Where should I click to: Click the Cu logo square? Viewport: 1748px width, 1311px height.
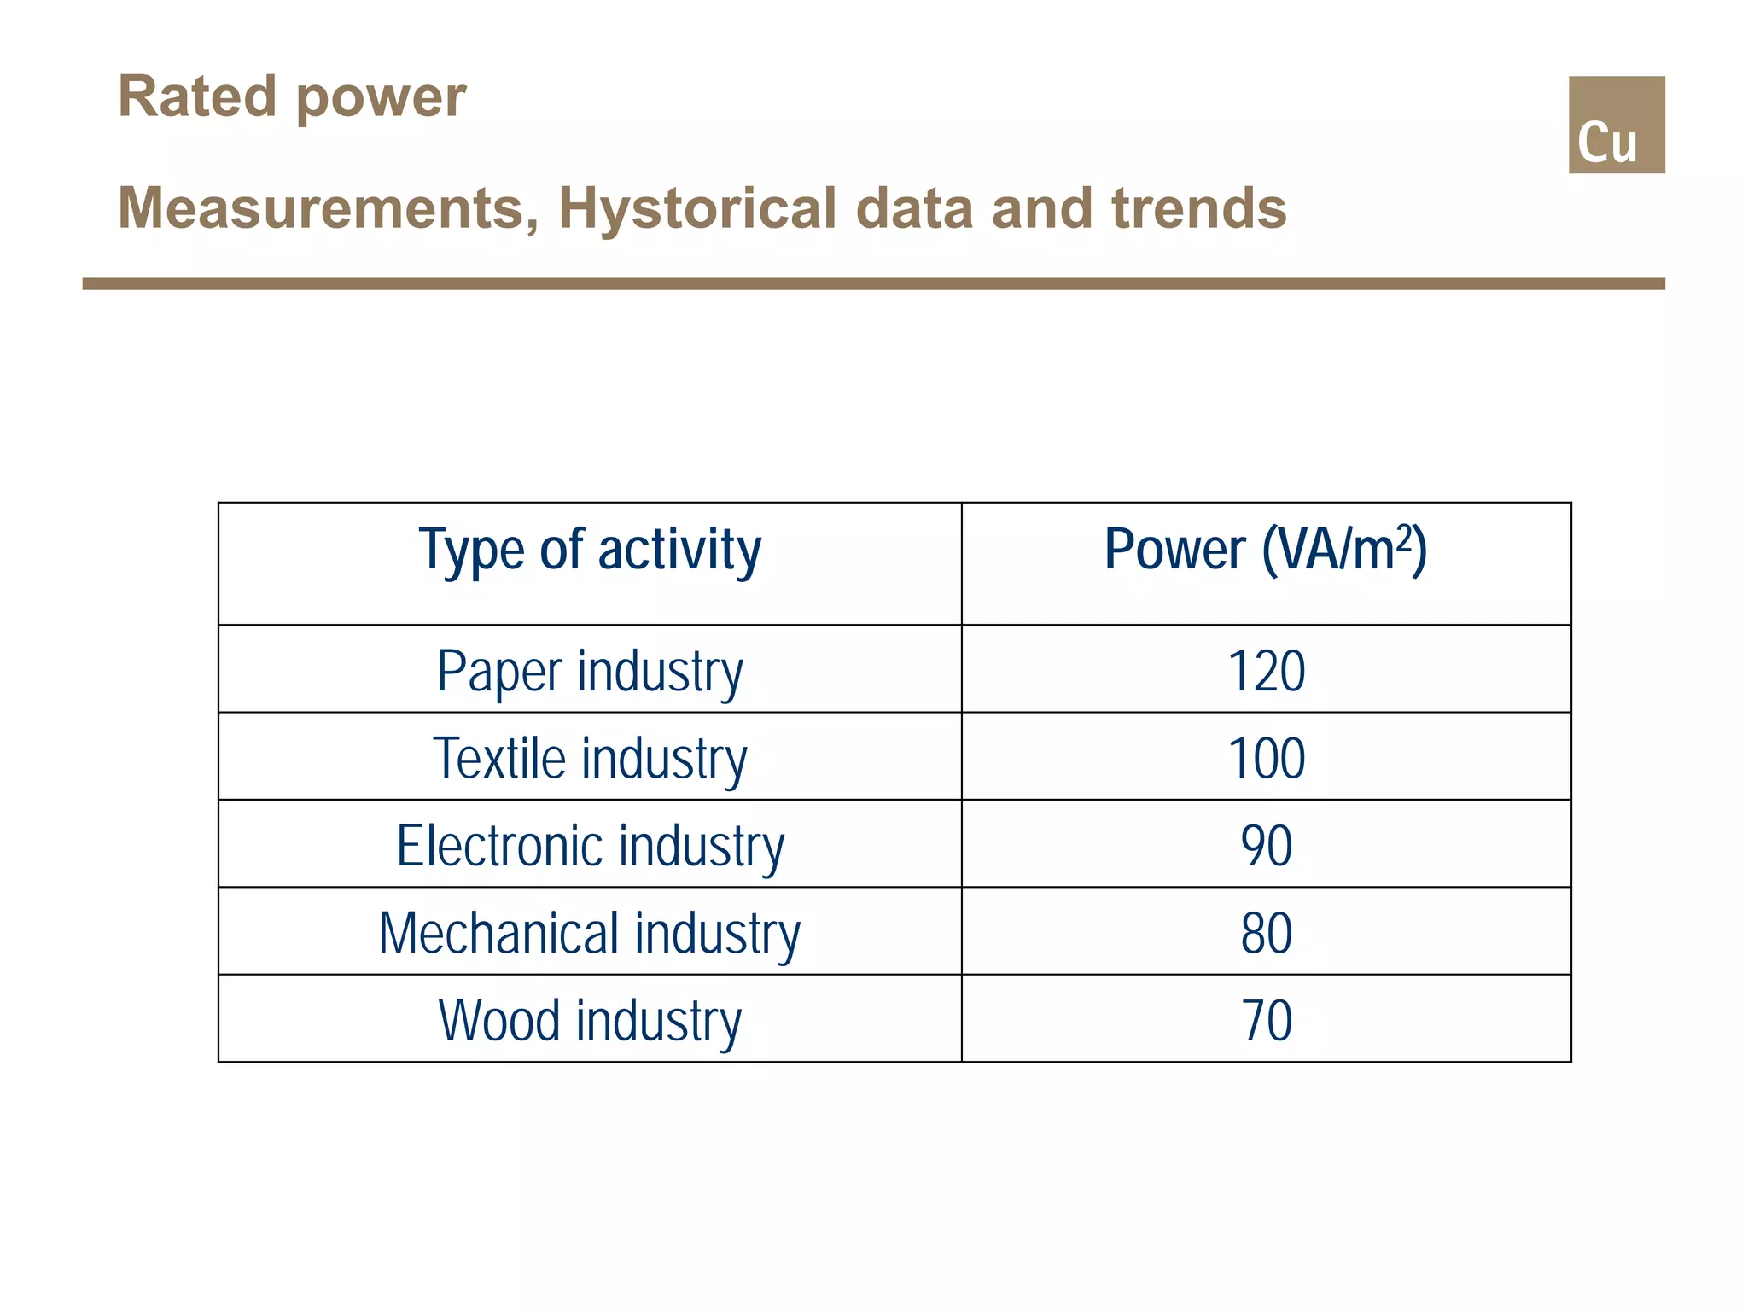[x=1616, y=125]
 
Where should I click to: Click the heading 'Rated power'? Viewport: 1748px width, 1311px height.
[x=292, y=96]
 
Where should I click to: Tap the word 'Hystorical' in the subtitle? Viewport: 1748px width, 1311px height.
[x=697, y=208]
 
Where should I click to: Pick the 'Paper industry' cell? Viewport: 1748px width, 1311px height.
[x=590, y=671]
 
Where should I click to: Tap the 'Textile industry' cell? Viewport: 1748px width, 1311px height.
[x=590, y=758]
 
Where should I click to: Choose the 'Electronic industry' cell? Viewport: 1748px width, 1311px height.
[x=590, y=845]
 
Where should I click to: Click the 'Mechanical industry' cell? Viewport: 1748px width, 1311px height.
[x=590, y=932]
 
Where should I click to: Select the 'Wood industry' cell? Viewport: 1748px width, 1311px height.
[x=590, y=1019]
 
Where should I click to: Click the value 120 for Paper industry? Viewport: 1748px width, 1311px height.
[x=1266, y=671]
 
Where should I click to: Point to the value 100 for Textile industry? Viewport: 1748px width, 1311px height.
[x=1266, y=758]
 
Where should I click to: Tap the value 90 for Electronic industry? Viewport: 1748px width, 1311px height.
[x=1266, y=845]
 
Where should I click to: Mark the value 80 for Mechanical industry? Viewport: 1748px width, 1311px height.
[x=1266, y=932]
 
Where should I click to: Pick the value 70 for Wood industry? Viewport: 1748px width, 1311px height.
[x=1266, y=1019]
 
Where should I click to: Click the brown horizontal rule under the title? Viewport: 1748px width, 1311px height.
[x=873, y=283]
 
